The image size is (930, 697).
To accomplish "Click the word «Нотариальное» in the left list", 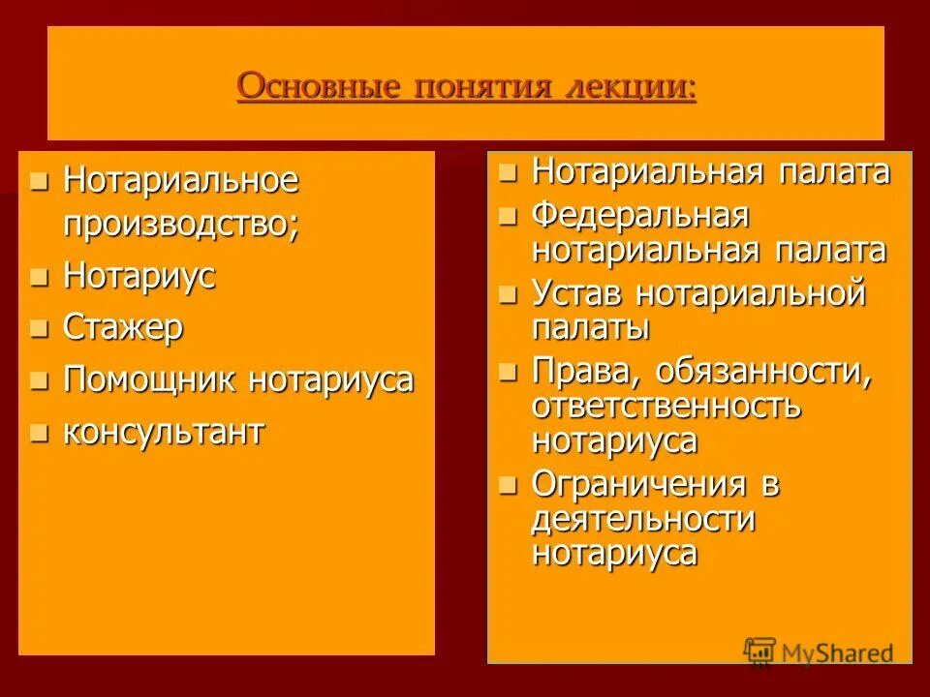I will tap(180, 180).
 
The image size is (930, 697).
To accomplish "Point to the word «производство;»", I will tap(181, 224).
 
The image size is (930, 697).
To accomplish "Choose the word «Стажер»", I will tap(123, 328).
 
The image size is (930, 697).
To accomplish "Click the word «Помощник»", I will tap(150, 380).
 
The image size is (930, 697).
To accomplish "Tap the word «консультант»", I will tap(163, 432).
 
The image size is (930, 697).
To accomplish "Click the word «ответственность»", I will tap(666, 406).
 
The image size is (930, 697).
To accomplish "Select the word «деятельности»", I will tap(642, 518).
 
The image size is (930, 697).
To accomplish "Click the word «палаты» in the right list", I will tap(590, 327).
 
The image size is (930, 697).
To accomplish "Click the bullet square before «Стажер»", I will tap(39, 330).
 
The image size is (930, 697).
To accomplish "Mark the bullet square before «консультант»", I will tap(39, 434).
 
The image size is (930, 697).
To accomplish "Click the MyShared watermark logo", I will tap(817, 652).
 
